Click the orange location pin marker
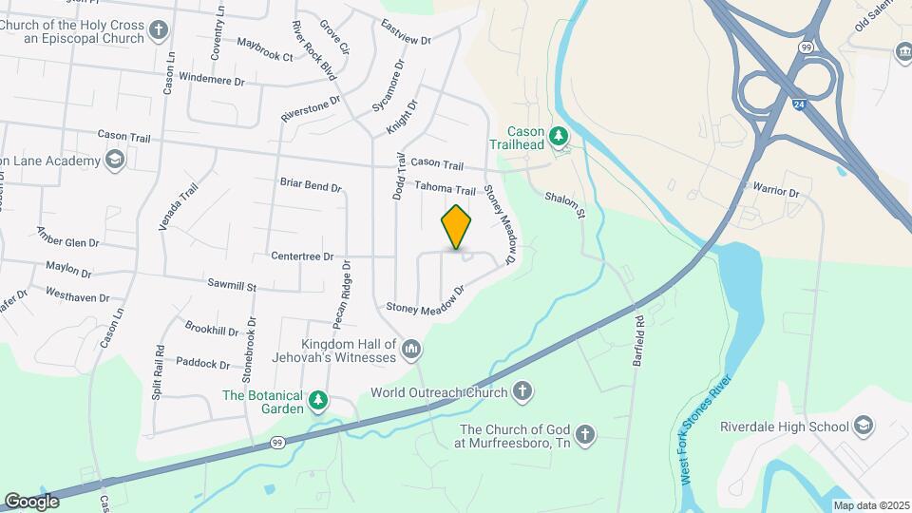[457, 226]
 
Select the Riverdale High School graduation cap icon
[864, 425]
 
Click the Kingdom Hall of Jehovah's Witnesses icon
[411, 351]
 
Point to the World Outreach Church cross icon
[522, 391]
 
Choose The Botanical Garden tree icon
[320, 402]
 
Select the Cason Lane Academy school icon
[115, 160]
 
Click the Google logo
[32, 501]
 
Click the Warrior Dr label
[777, 191]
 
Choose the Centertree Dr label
[302, 256]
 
